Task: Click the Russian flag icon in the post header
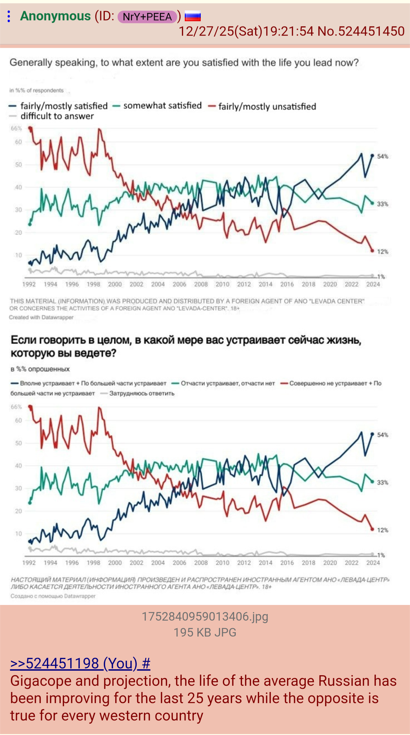[193, 16]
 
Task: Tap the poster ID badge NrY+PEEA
[147, 17]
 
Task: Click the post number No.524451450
[361, 31]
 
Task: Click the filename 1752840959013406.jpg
[205, 617]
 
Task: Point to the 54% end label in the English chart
[383, 156]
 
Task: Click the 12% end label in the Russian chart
[383, 530]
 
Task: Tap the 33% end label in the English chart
[383, 204]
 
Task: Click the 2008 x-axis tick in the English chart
[201, 284]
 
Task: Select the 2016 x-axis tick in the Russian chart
[287, 563]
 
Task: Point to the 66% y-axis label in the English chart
[16, 128]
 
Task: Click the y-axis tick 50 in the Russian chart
[18, 443]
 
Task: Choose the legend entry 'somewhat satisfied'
[162, 106]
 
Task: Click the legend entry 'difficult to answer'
[57, 116]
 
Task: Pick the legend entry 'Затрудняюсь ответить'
[142, 394]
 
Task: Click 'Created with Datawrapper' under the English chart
[41, 317]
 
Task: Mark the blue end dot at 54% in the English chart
[372, 156]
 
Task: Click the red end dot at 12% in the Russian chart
[372, 529]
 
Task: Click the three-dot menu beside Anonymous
[9, 16]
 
